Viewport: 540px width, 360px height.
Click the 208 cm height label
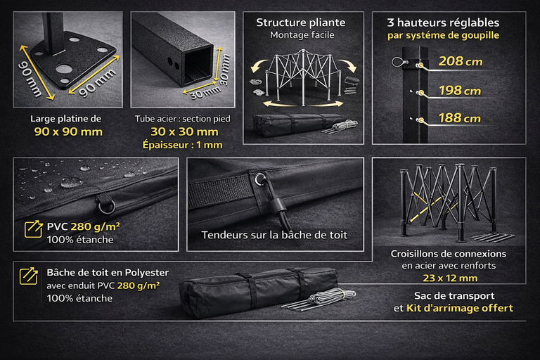coord(460,62)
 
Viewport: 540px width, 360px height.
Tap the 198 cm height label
coord(460,91)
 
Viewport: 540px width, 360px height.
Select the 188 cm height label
coord(459,118)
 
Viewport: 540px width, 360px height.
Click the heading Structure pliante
coord(301,22)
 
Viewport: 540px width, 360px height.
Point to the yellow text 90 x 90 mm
coord(68,131)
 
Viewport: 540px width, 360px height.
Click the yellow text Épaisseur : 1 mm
coord(183,145)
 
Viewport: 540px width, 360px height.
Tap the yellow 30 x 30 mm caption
coord(185,131)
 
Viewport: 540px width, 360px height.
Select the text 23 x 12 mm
coord(450,278)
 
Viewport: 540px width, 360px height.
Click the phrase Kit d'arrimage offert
coord(460,308)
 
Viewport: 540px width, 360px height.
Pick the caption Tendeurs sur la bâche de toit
coord(274,235)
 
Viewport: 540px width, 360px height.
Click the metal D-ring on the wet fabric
coord(104,207)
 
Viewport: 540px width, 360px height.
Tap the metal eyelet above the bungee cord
coord(259,179)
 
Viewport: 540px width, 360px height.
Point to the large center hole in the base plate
coord(63,69)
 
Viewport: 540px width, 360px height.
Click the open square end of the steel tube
coord(198,65)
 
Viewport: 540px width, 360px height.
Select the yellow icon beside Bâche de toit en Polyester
coord(29,276)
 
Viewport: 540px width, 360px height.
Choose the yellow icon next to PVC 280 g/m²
coord(34,229)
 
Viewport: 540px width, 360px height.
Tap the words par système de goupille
coord(443,35)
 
